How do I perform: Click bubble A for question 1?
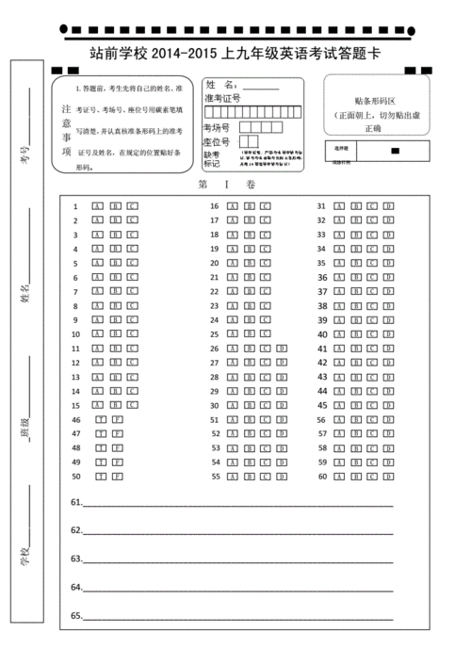click(x=97, y=205)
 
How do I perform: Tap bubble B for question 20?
click(x=249, y=263)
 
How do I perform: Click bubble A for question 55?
click(x=232, y=477)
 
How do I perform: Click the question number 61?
click(x=76, y=502)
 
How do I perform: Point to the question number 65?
click(x=76, y=616)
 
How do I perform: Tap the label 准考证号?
click(x=222, y=97)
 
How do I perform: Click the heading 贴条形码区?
click(x=375, y=100)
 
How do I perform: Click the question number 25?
click(x=214, y=334)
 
